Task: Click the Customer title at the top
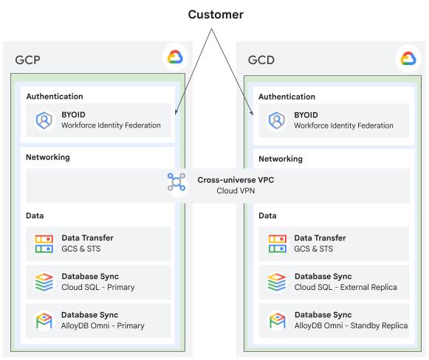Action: pos(216,15)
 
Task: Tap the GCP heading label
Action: pos(27,60)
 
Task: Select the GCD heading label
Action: pos(261,60)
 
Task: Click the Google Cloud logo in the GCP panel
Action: pos(175,57)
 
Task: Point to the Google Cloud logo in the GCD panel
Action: pos(408,58)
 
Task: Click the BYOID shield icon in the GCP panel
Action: pos(44,120)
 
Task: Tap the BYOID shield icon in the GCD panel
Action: pos(277,120)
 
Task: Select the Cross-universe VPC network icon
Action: pos(176,181)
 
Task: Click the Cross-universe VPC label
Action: pos(236,180)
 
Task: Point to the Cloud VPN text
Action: pos(236,190)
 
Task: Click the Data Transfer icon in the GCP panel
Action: pos(44,243)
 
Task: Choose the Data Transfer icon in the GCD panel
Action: pos(277,243)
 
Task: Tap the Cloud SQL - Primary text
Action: pos(98,287)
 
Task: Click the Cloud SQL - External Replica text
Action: pos(346,287)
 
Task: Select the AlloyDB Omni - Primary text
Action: pos(103,326)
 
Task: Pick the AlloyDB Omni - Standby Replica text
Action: pos(351,326)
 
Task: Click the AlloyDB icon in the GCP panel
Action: pos(44,321)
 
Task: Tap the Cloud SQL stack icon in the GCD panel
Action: pos(277,282)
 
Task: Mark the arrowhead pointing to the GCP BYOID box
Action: pos(176,112)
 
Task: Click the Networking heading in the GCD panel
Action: pos(281,159)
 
